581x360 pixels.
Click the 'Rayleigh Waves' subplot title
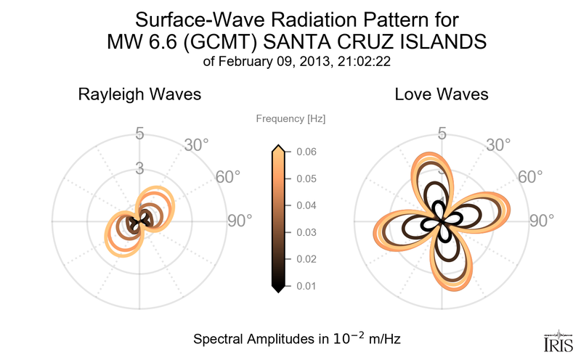click(139, 94)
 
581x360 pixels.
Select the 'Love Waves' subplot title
click(441, 94)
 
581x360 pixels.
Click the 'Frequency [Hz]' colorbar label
click(290, 118)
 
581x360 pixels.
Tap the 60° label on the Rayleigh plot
click(229, 177)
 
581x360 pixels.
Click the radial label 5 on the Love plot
click(442, 134)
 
